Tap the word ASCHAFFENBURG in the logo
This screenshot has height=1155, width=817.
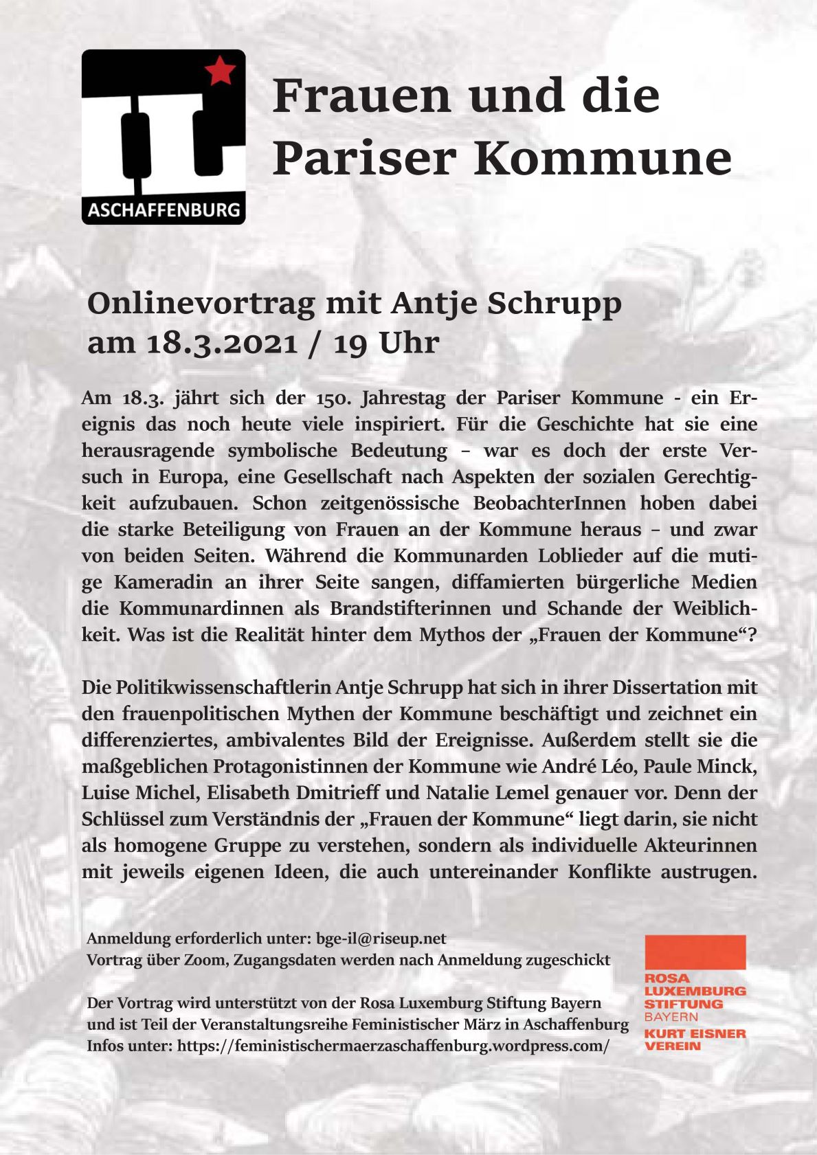click(164, 210)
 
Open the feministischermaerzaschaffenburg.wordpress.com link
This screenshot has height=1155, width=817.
click(393, 1046)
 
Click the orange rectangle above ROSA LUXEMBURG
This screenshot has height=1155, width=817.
click(695, 952)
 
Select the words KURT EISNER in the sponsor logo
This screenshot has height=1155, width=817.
click(695, 1033)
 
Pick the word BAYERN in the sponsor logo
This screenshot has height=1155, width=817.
click(671, 1017)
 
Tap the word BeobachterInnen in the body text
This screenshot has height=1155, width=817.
click(549, 503)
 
